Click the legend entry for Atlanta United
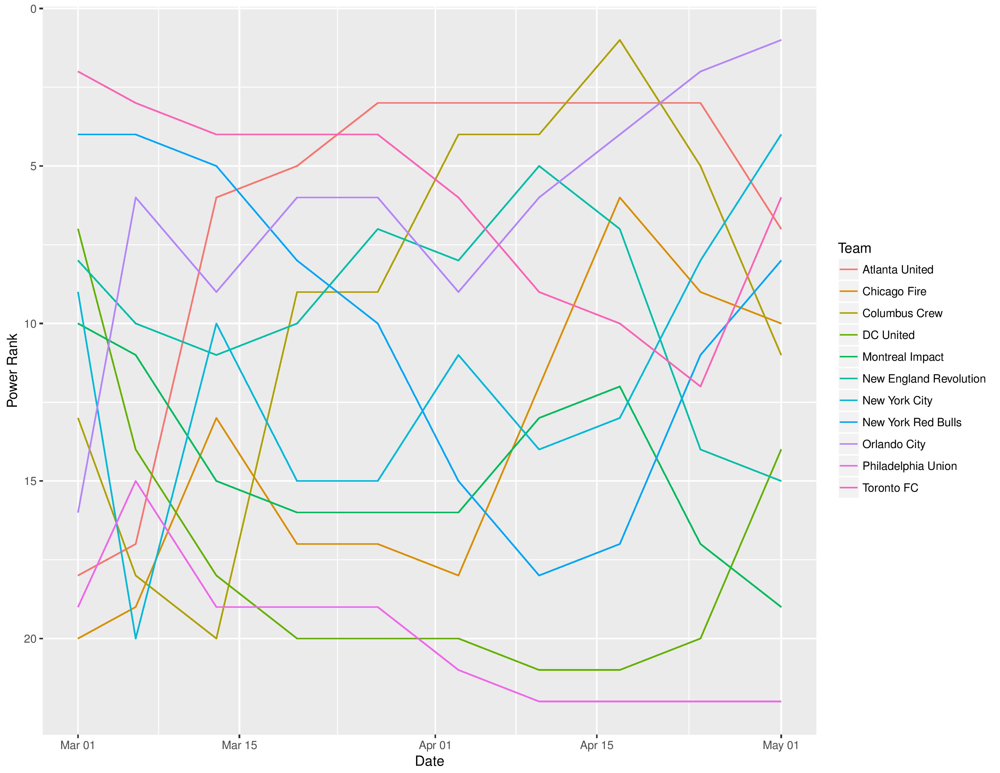click(x=898, y=270)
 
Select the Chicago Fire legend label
click(x=894, y=292)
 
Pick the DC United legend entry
click(x=888, y=335)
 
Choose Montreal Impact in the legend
click(x=903, y=357)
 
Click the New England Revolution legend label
click(x=924, y=379)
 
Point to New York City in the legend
click(x=897, y=401)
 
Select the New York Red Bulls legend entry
click(x=912, y=422)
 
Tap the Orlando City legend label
click(x=894, y=444)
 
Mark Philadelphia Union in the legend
click(x=909, y=466)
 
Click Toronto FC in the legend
click(x=890, y=488)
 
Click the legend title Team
click(x=855, y=248)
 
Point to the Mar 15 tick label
click(x=239, y=745)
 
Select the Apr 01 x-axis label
click(x=435, y=745)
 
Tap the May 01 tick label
click(x=780, y=745)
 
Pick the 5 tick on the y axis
click(x=33, y=166)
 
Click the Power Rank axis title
click(x=12, y=370)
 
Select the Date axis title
click(x=429, y=761)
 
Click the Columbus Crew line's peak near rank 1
click(x=619, y=40)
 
